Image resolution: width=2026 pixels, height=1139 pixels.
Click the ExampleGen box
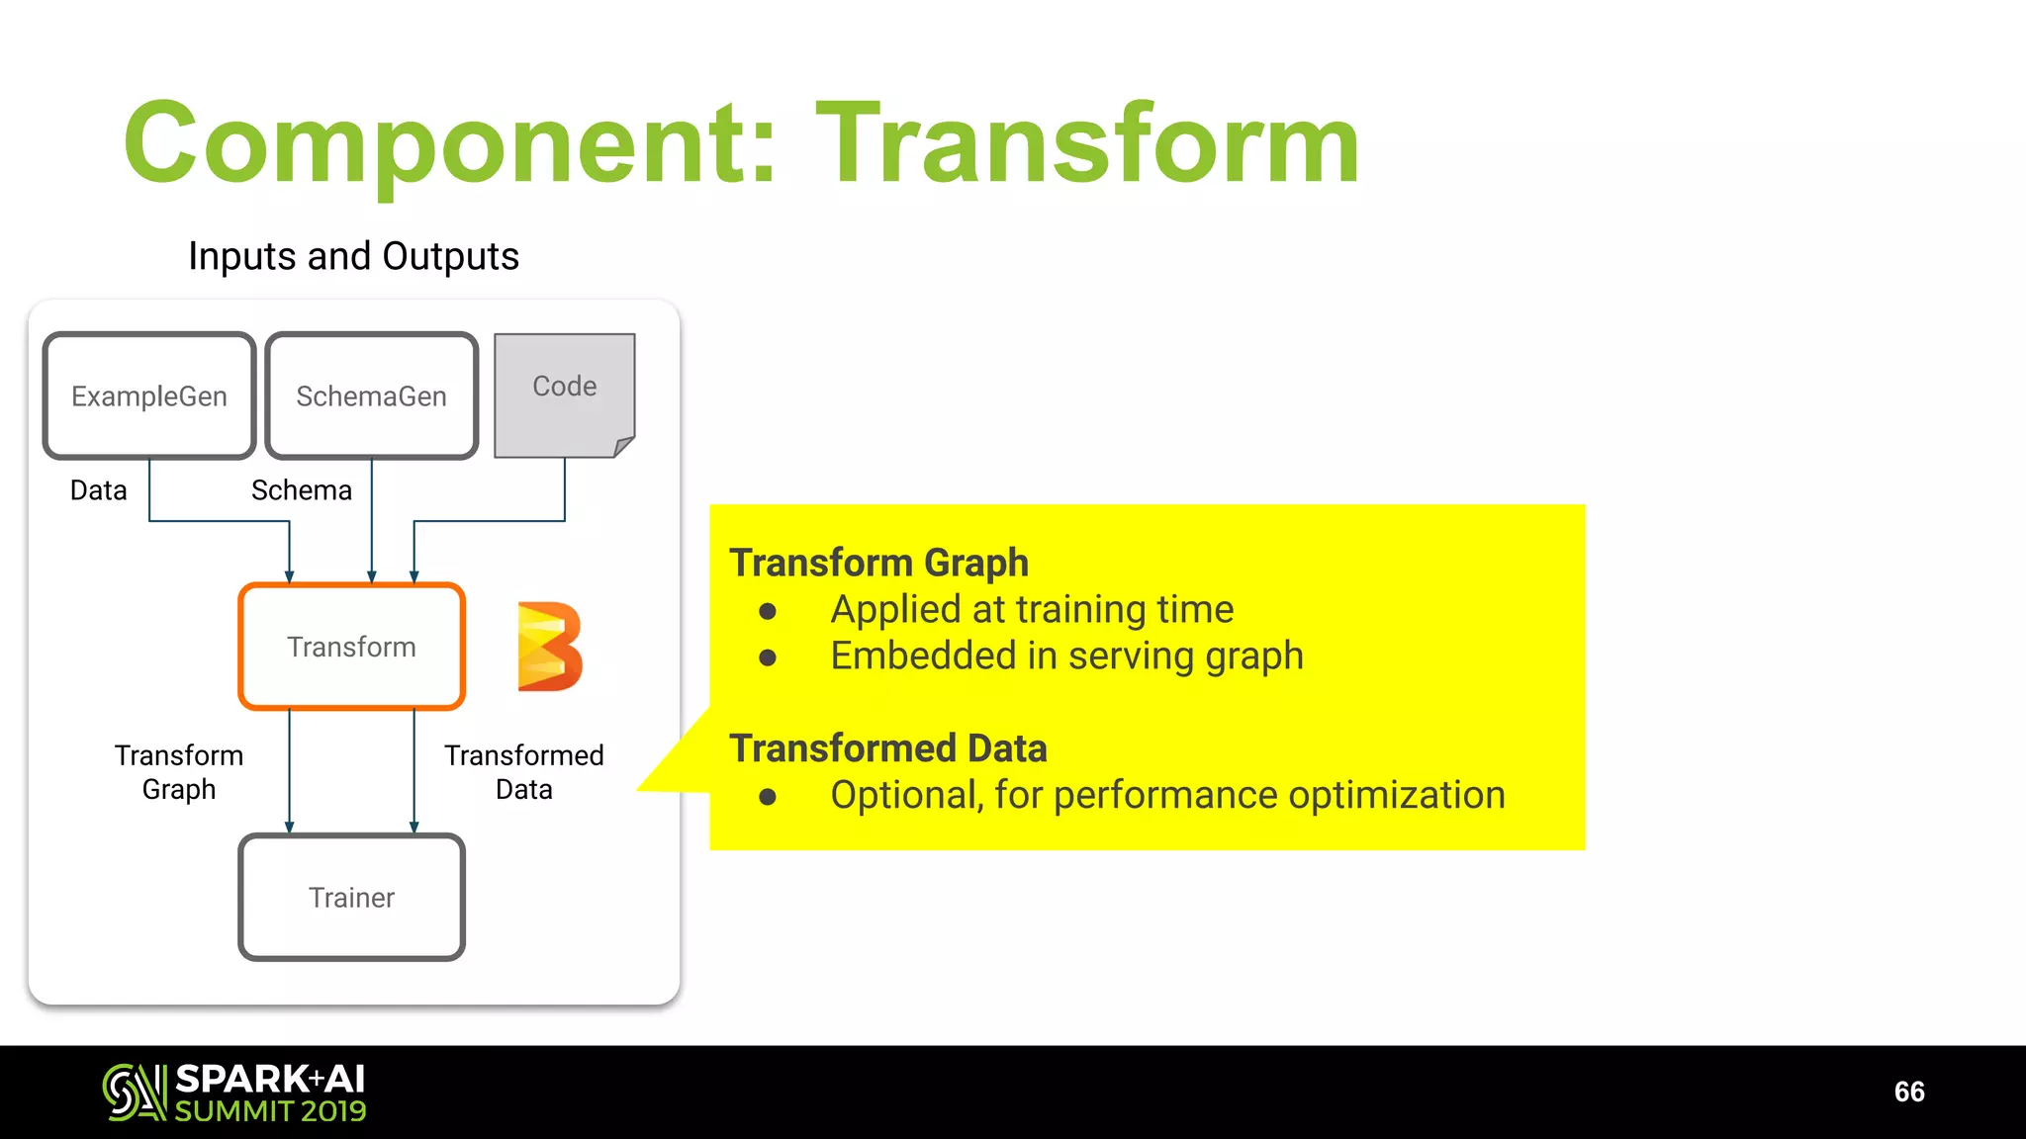(x=149, y=395)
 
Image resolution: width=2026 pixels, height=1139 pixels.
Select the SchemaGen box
(x=371, y=395)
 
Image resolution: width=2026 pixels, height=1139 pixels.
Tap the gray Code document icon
(x=564, y=394)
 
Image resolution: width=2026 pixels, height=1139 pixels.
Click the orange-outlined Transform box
(x=351, y=647)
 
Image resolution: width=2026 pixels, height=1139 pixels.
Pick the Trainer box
(x=351, y=897)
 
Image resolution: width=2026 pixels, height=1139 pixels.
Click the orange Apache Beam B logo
(x=549, y=646)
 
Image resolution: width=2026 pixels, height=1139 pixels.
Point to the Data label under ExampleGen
(x=98, y=490)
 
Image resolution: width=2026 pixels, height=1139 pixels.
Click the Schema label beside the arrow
(x=301, y=490)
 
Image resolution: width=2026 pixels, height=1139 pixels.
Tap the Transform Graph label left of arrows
(x=179, y=772)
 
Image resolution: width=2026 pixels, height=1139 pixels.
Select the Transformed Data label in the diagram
(x=523, y=772)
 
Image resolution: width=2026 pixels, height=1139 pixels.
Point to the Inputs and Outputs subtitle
(x=353, y=256)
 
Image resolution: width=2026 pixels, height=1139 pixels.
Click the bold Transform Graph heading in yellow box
(x=878, y=563)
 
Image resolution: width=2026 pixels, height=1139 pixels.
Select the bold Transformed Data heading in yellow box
(x=887, y=748)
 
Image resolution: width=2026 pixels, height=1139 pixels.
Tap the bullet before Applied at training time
(x=768, y=611)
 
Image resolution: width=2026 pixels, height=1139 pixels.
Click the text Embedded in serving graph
(x=1066, y=657)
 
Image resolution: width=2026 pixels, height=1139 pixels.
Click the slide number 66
(x=1908, y=1092)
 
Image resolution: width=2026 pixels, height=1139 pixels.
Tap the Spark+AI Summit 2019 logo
(x=234, y=1093)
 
